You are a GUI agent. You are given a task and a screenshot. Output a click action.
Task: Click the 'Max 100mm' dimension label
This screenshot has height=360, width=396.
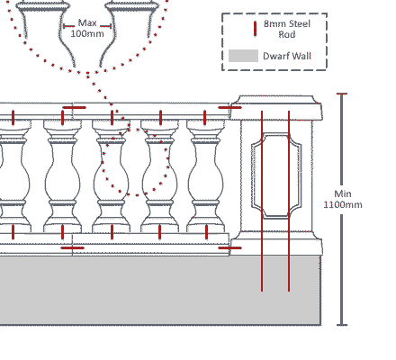[x=87, y=28]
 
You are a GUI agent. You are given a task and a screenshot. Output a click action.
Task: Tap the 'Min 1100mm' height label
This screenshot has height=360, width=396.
[x=343, y=199]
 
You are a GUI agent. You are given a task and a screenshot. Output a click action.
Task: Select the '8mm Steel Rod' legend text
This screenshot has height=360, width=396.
[x=287, y=29]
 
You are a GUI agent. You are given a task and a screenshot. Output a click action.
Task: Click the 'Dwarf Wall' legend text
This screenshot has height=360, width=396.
[x=287, y=56]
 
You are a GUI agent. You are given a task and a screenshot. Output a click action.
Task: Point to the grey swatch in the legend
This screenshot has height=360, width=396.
[x=243, y=56]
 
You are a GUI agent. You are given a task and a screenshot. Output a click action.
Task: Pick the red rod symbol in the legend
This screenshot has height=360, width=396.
[x=255, y=29]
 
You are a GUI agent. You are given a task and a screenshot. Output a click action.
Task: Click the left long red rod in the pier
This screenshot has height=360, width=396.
[x=262, y=201]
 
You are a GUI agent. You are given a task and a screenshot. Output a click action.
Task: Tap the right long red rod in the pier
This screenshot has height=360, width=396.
[x=289, y=201]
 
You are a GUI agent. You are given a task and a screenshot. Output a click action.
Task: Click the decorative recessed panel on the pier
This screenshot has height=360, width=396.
[x=276, y=176]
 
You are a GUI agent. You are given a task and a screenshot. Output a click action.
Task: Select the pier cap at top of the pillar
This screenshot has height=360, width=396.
[x=276, y=108]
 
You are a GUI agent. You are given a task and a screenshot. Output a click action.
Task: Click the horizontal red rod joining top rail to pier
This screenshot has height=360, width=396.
[x=229, y=107]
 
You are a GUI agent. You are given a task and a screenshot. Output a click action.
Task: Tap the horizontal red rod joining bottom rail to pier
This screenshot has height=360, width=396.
[x=229, y=247]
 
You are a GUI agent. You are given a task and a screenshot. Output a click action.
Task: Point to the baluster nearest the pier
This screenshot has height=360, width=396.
[x=206, y=176]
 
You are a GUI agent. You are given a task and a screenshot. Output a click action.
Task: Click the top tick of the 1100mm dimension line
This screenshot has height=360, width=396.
[x=342, y=94]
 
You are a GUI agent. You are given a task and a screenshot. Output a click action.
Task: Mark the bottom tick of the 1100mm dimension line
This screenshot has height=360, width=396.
[x=342, y=325]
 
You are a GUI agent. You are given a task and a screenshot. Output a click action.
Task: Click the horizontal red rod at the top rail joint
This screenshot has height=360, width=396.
[x=74, y=107]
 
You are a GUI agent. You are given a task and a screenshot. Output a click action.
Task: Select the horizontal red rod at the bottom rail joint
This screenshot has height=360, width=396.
[x=72, y=247]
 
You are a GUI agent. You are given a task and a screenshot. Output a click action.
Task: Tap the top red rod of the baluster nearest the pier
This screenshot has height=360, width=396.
[x=205, y=118]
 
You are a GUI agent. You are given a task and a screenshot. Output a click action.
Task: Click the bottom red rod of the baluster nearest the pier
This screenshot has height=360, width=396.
[x=206, y=232]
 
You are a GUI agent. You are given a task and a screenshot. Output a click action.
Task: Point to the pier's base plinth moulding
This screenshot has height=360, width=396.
[x=276, y=243]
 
